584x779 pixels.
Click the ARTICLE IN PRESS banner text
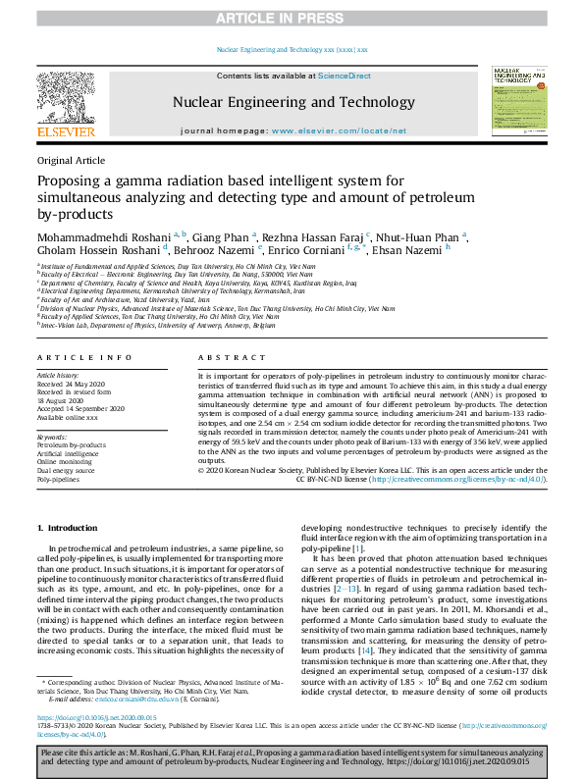292,18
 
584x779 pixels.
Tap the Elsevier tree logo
66,102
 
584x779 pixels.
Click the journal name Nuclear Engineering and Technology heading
293,102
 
